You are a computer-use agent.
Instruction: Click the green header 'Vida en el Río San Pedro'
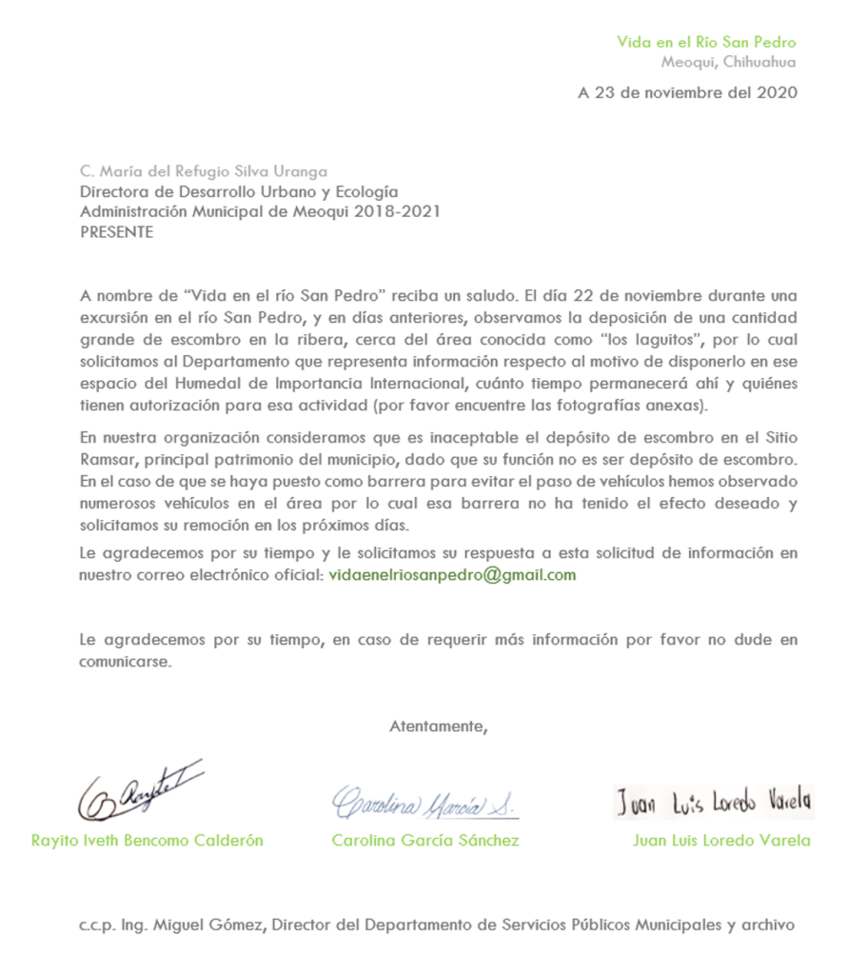pos(706,42)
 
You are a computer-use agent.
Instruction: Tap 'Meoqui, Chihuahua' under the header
pos(728,63)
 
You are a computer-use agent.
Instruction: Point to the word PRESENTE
pos(116,231)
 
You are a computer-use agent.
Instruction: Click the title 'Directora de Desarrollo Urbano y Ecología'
pos(238,191)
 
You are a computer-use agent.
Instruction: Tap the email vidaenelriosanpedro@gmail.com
pos(452,575)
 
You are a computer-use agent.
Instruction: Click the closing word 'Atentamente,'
pos(438,726)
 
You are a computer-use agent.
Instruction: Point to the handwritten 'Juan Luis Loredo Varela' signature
pos(713,803)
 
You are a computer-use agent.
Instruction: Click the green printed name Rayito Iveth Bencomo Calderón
pos(148,841)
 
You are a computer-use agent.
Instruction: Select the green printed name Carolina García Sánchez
pos(425,841)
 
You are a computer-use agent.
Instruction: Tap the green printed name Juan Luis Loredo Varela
pos(721,841)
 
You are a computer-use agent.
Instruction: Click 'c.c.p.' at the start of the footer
pos(96,924)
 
